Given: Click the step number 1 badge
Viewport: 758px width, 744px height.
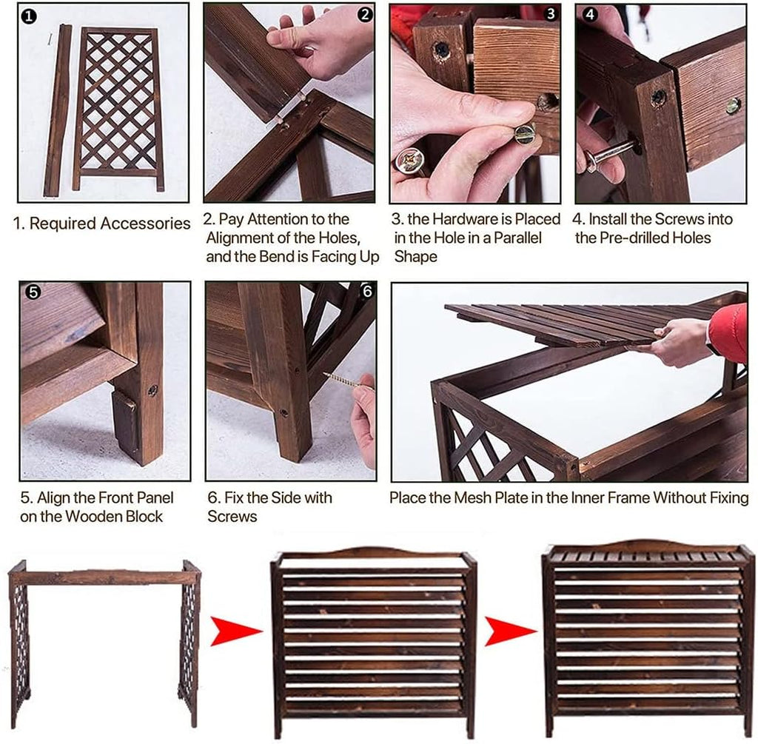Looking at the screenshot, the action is click(x=30, y=16).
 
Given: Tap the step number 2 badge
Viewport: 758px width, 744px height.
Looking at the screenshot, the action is click(x=365, y=15).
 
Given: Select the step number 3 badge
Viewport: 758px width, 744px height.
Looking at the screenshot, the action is click(x=551, y=14).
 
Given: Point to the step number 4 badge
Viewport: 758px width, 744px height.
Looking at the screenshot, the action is click(x=590, y=15).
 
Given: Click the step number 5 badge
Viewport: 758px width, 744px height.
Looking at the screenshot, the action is click(x=33, y=292).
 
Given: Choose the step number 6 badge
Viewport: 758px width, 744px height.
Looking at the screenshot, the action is click(x=367, y=292).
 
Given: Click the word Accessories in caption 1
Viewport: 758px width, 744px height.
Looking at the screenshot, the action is click(x=145, y=224).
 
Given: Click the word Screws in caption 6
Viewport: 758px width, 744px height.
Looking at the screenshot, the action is click(x=232, y=516).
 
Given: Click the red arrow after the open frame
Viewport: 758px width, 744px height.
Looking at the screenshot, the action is click(x=235, y=631).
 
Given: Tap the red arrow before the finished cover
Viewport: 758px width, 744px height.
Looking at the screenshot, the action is click(x=509, y=631).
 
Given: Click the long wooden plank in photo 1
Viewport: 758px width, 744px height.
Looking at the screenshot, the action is click(x=57, y=110).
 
